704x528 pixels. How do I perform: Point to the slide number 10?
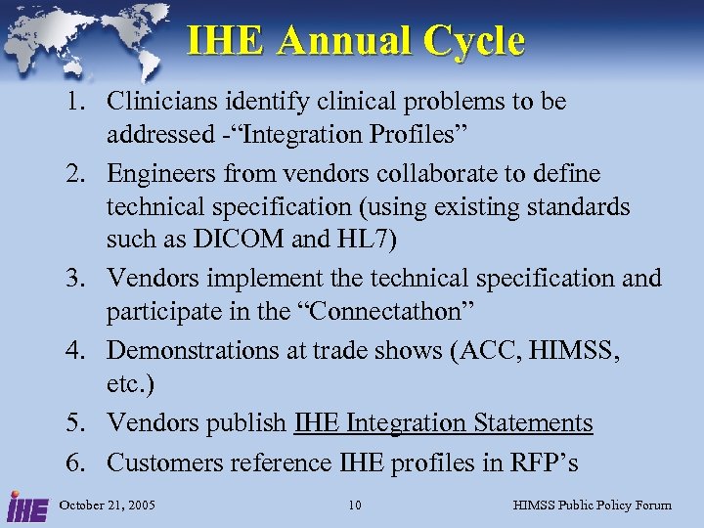click(355, 505)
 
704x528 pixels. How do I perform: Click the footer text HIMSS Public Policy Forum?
click(593, 505)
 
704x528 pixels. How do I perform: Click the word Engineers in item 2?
click(154, 174)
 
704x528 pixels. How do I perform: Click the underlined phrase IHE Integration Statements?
click(443, 423)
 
